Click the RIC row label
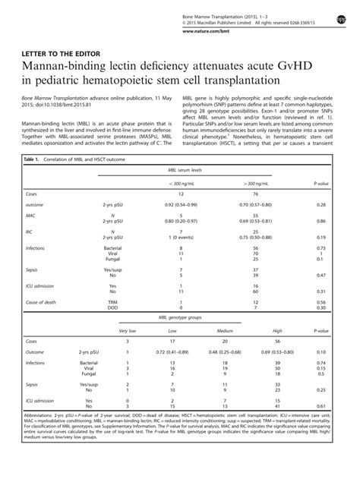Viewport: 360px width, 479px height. (x=30, y=253)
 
